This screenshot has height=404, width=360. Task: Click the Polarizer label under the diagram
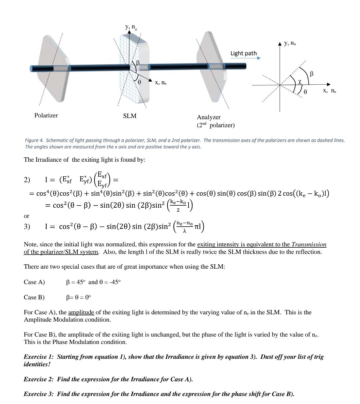click(46, 115)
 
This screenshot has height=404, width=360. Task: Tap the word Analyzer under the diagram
click(209, 117)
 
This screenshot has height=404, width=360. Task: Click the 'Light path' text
click(244, 53)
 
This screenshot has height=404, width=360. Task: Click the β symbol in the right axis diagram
click(312, 73)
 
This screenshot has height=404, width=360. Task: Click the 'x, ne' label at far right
click(330, 91)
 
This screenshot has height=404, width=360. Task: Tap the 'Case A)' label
click(34, 282)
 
